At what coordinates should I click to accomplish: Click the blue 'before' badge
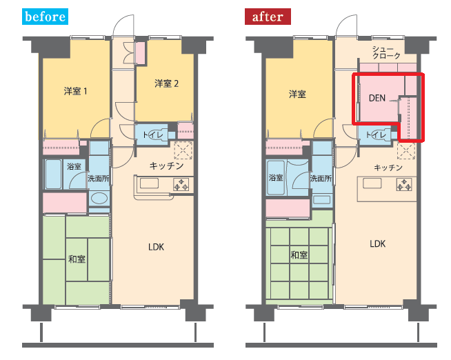point(45,17)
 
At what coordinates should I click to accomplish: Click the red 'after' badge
point(268,17)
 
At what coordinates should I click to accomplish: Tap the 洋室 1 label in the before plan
point(75,91)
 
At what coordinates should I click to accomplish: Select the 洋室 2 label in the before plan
point(166,83)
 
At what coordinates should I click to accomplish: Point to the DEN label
point(377,99)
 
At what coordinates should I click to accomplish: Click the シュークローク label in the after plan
point(386,52)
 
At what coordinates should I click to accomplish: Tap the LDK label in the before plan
point(156,247)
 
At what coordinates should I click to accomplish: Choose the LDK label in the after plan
point(378,244)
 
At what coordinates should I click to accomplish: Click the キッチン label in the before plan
point(166,166)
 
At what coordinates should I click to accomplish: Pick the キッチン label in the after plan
point(388,168)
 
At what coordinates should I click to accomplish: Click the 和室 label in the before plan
point(77,259)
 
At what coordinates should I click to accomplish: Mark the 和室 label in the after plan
point(299,255)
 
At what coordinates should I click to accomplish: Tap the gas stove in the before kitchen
point(181,184)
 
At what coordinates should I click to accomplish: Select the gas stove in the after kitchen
point(404,185)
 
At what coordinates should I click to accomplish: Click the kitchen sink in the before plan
point(149,183)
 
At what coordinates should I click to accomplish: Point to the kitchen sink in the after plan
point(372,183)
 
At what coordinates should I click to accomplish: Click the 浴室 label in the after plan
point(276,178)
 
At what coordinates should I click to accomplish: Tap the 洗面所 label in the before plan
point(99,179)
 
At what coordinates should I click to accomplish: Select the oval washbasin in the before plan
point(99,198)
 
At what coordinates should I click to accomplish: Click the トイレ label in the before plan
point(153,135)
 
